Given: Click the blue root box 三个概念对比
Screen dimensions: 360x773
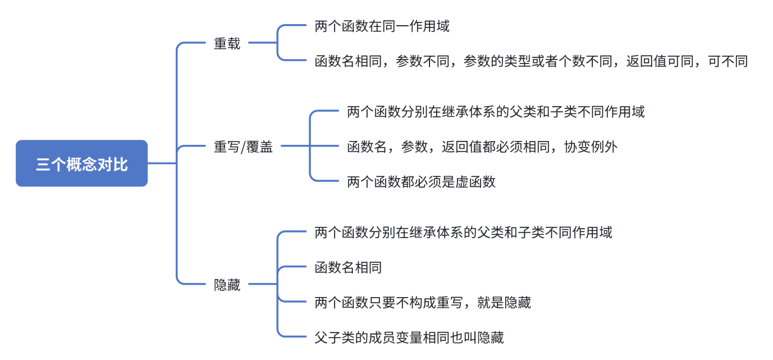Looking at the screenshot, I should click(x=81, y=163).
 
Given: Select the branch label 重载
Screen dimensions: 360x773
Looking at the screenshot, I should click(x=227, y=43).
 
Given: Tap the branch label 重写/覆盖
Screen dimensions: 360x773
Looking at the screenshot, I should click(x=243, y=147).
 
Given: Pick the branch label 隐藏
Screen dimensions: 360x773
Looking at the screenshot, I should click(x=227, y=285).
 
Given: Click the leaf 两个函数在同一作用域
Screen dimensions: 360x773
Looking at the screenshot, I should click(x=382, y=26).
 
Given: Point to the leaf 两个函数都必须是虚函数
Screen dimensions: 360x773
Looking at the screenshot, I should click(x=421, y=181).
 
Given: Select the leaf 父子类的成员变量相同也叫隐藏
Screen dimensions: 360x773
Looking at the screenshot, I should click(x=409, y=337).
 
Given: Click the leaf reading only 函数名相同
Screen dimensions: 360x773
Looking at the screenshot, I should click(x=348, y=267).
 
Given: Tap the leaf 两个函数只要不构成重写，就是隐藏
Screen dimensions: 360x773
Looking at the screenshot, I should click(x=423, y=303).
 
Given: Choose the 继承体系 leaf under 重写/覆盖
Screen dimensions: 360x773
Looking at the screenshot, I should click(x=496, y=112).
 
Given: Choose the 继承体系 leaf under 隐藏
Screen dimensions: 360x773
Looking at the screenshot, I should click(x=463, y=232).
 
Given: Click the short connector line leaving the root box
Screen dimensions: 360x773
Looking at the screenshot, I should click(x=162, y=163).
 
